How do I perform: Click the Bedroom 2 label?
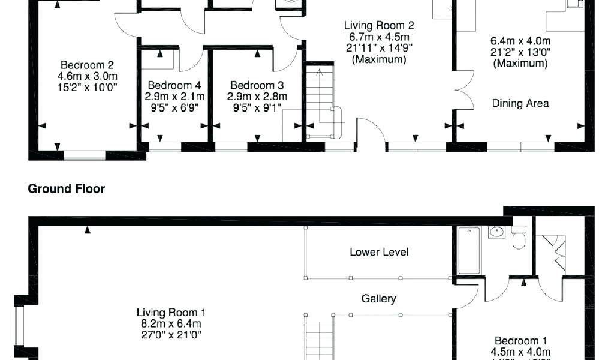tap(87, 65)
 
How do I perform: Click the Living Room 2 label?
tap(378, 26)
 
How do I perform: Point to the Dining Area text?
tap(520, 103)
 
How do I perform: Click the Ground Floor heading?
tap(67, 189)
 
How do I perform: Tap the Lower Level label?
tap(379, 252)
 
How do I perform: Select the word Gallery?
tap(378, 298)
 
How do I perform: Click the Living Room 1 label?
tap(171, 313)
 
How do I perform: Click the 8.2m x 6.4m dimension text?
tap(171, 323)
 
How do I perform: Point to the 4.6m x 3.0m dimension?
tap(87, 76)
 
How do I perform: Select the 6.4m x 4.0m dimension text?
tap(520, 41)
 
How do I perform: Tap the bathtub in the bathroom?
tap(468, 251)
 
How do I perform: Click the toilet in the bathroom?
tap(520, 238)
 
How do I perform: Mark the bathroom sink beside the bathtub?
tap(496, 232)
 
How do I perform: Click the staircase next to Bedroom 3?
tap(320, 99)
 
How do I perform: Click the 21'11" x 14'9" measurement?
tap(378, 48)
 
